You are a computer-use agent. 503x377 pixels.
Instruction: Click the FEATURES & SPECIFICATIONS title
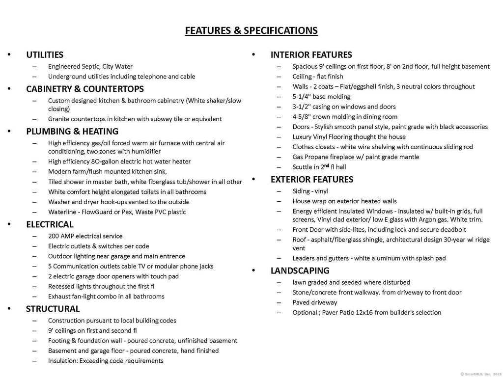(251, 30)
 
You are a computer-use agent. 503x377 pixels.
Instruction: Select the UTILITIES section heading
(45, 55)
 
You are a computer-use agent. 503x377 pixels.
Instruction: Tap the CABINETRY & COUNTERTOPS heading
(85, 89)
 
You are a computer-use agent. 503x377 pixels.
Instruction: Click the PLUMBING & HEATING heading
(72, 132)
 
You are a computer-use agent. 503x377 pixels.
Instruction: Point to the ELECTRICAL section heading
(50, 224)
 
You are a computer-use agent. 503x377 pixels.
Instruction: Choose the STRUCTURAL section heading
(53, 309)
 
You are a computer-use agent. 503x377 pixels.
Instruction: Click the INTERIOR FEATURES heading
(311, 55)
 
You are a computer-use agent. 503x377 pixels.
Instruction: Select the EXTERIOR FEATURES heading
(312, 180)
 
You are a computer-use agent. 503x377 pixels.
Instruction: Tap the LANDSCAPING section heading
(300, 270)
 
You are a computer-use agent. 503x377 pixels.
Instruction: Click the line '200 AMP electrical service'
(85, 236)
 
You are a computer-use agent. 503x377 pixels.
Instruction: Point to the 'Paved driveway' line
(315, 302)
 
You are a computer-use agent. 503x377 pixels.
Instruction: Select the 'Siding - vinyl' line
(310, 191)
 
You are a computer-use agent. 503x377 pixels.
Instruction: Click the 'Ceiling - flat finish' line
(318, 77)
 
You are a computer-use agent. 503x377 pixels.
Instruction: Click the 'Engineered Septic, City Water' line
(90, 66)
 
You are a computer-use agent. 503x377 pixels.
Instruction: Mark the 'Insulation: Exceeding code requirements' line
(106, 361)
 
